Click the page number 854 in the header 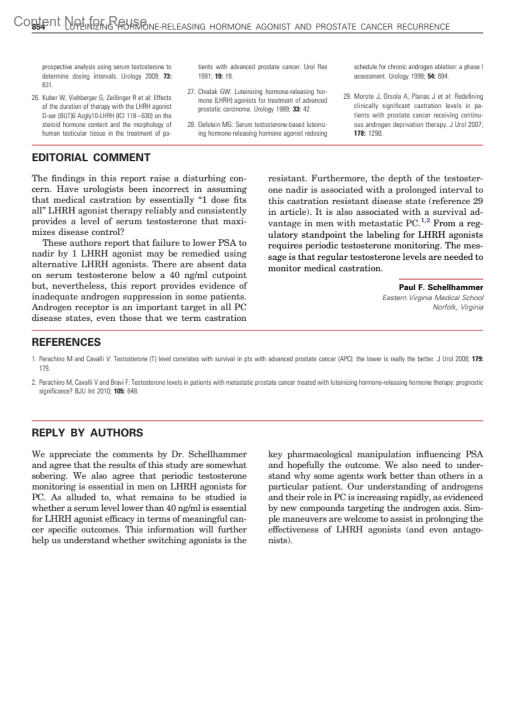(x=38, y=27)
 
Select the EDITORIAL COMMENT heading (x=91, y=158)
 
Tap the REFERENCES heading (x=66, y=342)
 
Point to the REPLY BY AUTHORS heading (x=87, y=433)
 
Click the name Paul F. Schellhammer (x=441, y=288)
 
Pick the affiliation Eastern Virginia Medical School (x=433, y=298)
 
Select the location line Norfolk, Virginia (x=458, y=307)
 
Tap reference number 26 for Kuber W (x=35, y=98)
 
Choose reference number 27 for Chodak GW (x=191, y=92)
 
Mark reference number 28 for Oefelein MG (x=191, y=124)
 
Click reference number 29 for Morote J (x=347, y=96)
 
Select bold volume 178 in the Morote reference (x=360, y=133)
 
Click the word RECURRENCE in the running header (x=423, y=27)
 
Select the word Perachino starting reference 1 (x=52, y=359)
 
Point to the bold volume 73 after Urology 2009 (x=167, y=76)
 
